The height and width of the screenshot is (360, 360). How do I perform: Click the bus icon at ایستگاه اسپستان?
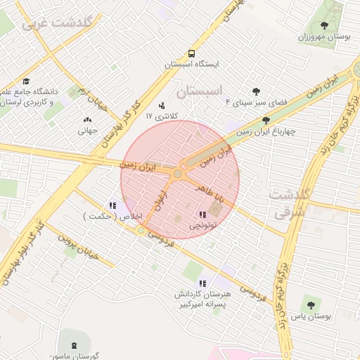(x=192, y=53)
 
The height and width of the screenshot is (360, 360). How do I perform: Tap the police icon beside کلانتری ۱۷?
(x=162, y=105)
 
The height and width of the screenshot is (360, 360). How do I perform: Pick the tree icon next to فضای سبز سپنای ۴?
(x=255, y=91)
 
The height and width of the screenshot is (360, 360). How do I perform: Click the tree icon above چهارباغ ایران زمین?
(x=265, y=120)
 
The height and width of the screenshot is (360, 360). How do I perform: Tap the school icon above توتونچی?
(x=202, y=214)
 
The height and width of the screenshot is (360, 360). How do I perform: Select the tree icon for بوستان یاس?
(x=311, y=304)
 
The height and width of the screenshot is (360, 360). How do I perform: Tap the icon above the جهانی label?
(x=87, y=120)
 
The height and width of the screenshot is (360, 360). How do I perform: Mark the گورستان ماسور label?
(x=77, y=356)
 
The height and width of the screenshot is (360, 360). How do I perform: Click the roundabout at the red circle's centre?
(x=179, y=173)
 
